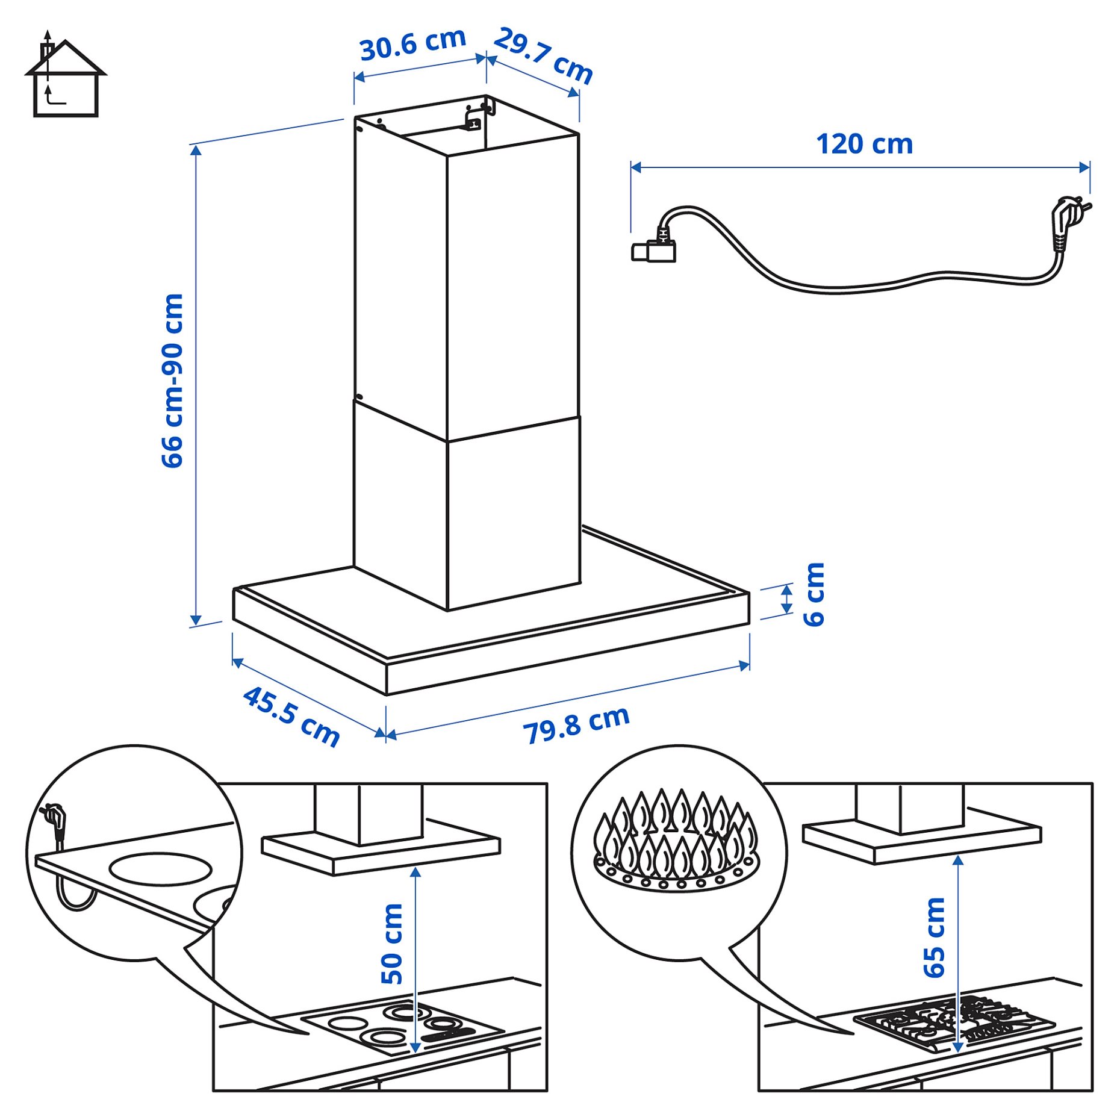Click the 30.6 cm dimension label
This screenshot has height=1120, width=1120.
pyautogui.click(x=412, y=44)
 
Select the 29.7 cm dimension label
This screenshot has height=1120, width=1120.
pyautogui.click(x=543, y=55)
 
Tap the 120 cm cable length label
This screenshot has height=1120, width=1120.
pyautogui.click(x=863, y=145)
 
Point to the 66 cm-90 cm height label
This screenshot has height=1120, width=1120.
pyautogui.click(x=172, y=381)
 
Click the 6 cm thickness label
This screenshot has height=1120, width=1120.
pyautogui.click(x=814, y=594)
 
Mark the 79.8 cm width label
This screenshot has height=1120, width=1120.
pyautogui.click(x=576, y=725)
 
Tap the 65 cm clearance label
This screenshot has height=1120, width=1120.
pyautogui.click(x=934, y=938)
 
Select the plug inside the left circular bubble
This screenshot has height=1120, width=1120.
pyautogui.click(x=54, y=820)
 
